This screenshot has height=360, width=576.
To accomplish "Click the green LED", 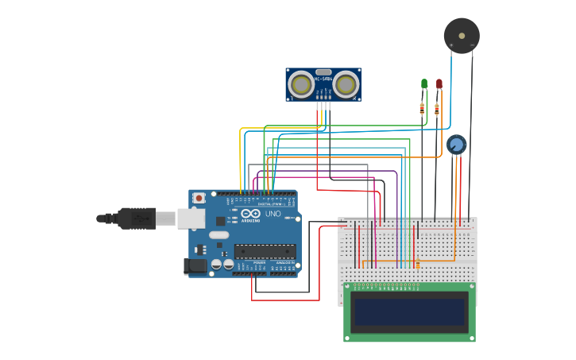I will (x=424, y=83).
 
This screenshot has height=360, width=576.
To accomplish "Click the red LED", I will (x=439, y=83).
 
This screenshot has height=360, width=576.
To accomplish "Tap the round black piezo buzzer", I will (x=462, y=36).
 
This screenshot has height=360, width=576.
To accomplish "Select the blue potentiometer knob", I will (x=456, y=145).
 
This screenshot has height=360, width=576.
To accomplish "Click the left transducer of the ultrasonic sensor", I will (x=301, y=83).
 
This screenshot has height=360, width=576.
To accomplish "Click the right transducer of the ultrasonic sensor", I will (x=346, y=83).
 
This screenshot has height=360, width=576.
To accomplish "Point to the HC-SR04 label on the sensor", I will (x=323, y=79).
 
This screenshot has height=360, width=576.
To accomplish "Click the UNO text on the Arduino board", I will (x=273, y=214).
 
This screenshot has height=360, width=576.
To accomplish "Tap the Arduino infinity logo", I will (x=250, y=214).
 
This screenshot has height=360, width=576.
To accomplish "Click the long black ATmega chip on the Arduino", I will (x=265, y=251).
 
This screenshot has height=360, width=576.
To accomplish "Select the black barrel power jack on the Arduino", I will (x=195, y=266).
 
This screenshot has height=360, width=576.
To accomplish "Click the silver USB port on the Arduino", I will (x=191, y=219).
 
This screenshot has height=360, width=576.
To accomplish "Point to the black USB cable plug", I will (x=135, y=218).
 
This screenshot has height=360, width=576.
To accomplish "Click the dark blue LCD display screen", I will (x=409, y=312).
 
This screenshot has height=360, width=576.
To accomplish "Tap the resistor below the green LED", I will (x=422, y=110).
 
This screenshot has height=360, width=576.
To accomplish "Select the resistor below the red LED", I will (x=436, y=110).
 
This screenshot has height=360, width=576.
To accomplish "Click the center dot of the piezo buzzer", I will (x=462, y=36).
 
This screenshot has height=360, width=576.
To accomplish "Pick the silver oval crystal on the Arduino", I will (x=219, y=234).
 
